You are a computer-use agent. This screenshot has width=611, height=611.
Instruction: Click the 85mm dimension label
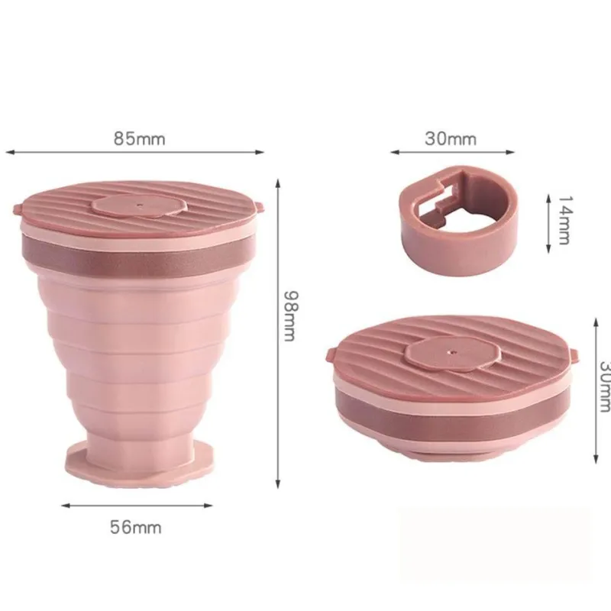[140, 139]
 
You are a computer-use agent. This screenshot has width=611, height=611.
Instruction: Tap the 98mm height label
[289, 315]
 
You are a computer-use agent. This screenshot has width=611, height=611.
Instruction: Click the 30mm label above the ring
[451, 139]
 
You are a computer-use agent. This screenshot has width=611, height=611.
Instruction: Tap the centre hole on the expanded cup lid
[139, 205]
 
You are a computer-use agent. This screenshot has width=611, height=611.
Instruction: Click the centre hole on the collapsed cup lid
[450, 353]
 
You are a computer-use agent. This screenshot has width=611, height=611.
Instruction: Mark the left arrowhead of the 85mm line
[8, 153]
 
